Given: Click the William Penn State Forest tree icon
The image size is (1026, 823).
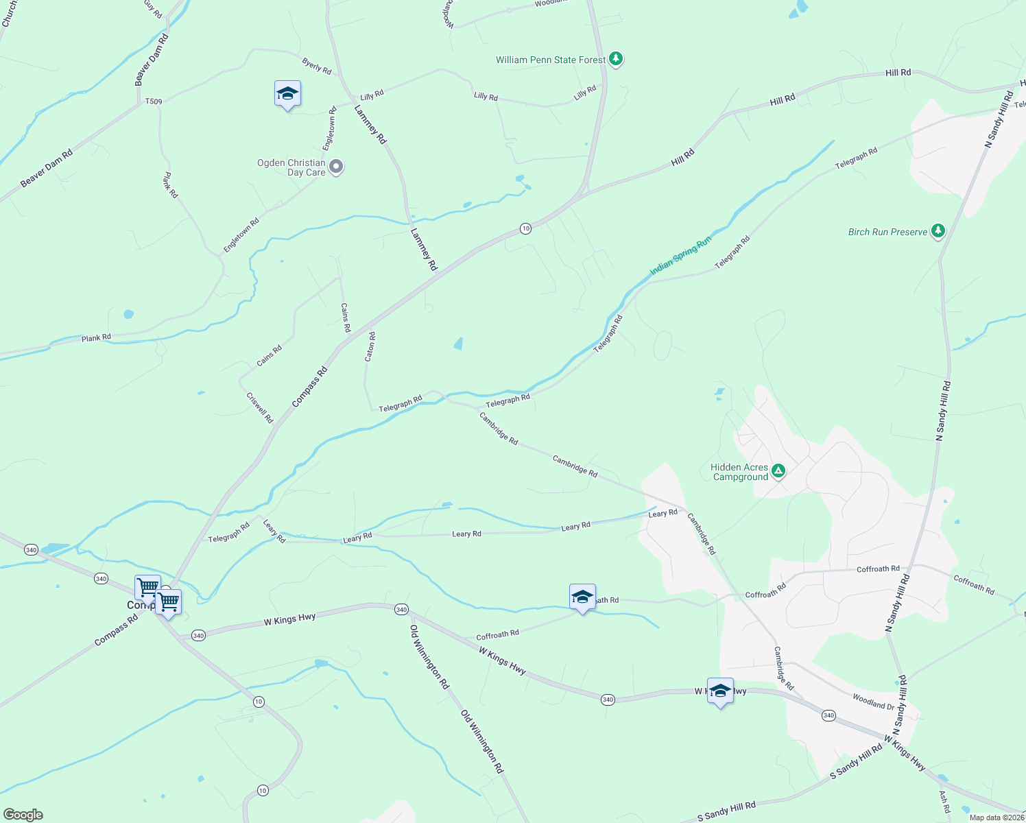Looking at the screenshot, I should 616,59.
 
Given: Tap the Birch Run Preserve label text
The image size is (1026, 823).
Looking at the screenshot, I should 887,232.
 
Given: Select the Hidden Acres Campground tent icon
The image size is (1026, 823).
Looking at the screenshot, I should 778,470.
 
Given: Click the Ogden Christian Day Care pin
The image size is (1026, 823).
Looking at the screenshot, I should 336,167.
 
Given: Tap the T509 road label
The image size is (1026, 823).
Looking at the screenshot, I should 154,102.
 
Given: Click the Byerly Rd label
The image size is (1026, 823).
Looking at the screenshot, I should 317,67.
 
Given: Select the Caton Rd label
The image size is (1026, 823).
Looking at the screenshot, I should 370,347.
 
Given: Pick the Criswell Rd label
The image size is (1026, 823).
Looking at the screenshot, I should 260,407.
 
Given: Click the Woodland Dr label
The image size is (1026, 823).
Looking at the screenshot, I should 874,702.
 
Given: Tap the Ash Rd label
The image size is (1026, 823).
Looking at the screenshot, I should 944,802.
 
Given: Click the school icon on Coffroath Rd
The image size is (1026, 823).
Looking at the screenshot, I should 582,597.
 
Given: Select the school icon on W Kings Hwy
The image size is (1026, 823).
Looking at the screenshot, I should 720,691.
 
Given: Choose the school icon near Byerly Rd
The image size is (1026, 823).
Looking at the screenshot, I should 287,94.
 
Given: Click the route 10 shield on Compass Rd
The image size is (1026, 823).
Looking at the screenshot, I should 525,228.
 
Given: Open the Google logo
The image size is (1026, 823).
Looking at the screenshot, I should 23,815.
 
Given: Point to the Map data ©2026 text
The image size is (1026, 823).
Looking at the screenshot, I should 996,818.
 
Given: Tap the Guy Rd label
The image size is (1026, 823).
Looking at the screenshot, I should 153,9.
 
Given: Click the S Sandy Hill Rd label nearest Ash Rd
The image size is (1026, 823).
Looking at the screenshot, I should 856,762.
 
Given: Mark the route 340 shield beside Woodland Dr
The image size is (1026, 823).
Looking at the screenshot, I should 828,715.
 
